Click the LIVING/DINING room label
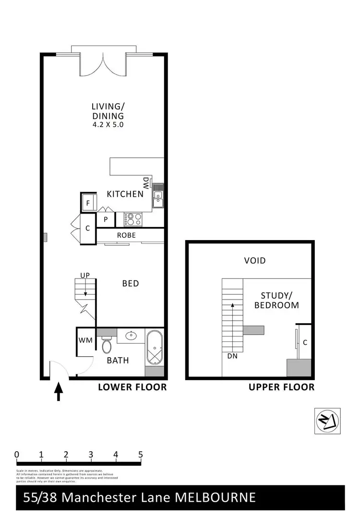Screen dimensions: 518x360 (108, 111)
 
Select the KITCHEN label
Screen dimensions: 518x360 (125, 194)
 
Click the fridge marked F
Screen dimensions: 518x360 (88, 203)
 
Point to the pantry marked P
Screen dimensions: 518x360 (106, 219)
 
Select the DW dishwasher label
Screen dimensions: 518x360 (146, 182)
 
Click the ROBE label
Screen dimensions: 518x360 (126, 235)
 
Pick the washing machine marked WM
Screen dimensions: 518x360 (84, 340)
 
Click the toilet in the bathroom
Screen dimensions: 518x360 (107, 345)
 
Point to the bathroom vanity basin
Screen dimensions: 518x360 (130, 335)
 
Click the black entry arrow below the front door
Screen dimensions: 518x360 (59, 391)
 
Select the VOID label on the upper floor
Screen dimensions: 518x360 (254, 261)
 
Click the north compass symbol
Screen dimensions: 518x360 (327, 421)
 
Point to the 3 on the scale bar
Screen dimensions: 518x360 (91, 455)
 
